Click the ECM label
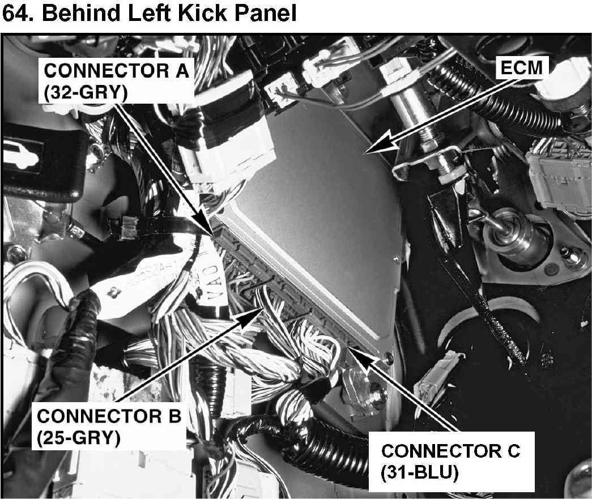point(521,69)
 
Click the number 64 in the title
point(15,13)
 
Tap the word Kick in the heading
point(199,13)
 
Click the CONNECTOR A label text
point(117,71)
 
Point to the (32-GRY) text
point(86,92)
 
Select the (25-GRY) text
point(79,438)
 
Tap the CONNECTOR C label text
point(451,451)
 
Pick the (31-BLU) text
point(420,472)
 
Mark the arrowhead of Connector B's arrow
point(251,316)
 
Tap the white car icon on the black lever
point(22,155)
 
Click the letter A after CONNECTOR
point(182,71)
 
